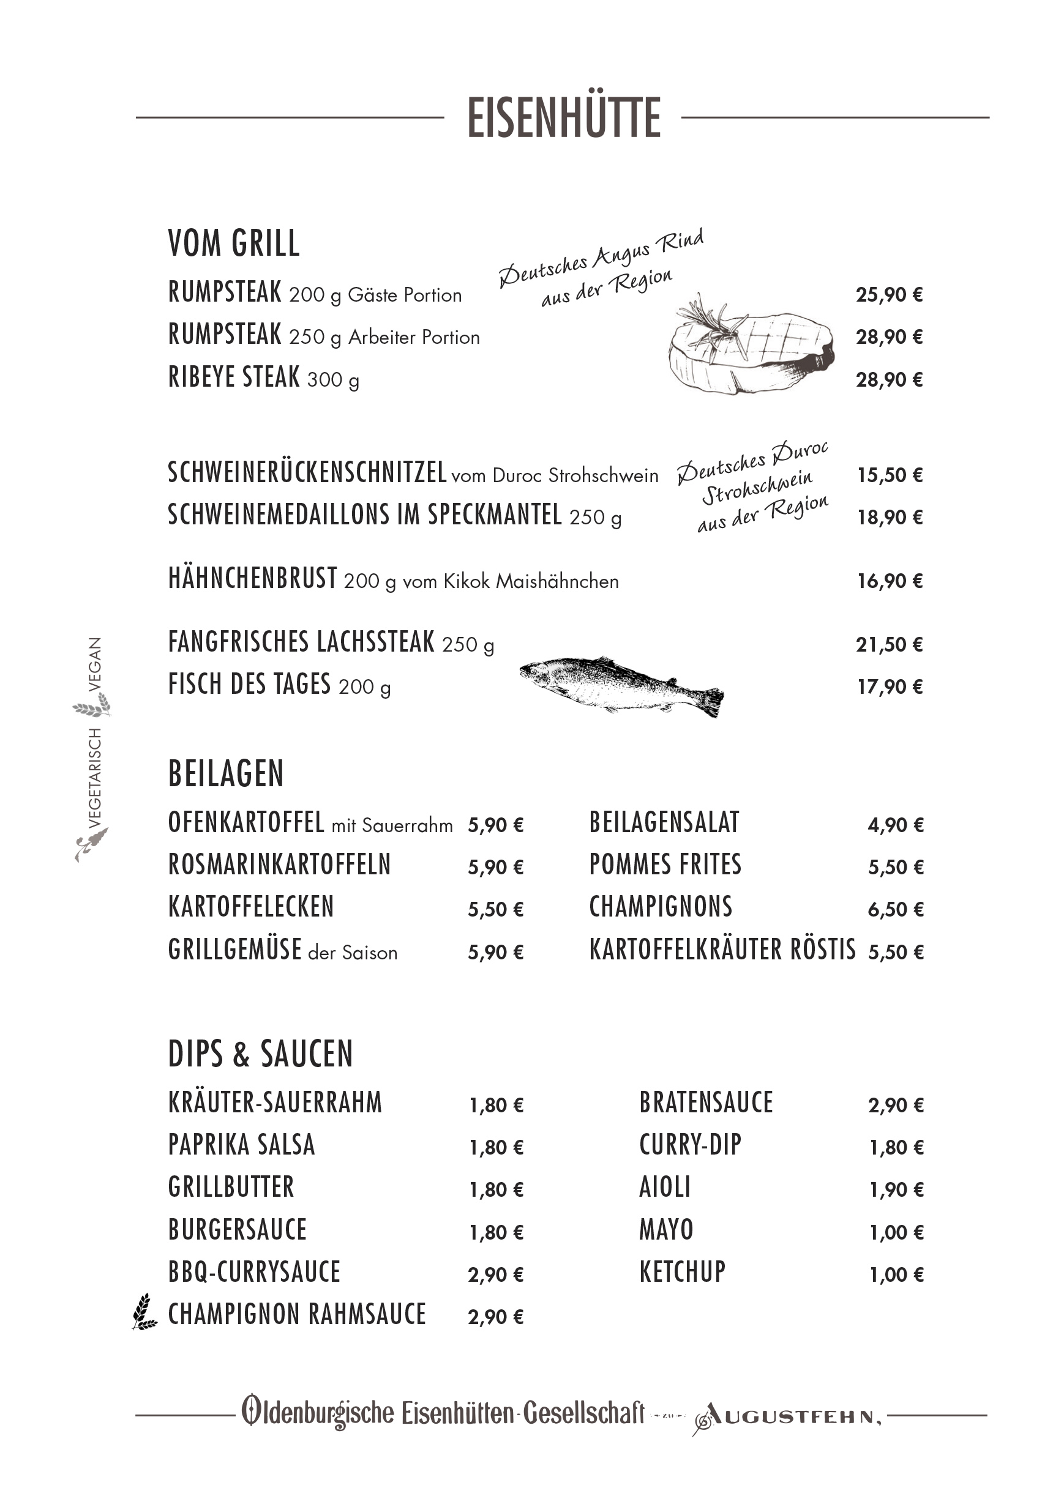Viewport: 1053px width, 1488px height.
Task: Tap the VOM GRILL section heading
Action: click(x=233, y=244)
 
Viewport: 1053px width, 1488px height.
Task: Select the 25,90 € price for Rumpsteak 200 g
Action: click(x=889, y=295)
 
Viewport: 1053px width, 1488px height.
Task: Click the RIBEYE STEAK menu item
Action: click(x=233, y=377)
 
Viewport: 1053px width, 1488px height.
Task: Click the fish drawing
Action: click(x=621, y=686)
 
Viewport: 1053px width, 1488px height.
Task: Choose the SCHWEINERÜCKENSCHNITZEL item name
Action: click(x=307, y=472)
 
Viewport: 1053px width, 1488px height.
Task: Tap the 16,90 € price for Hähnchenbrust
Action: click(x=890, y=581)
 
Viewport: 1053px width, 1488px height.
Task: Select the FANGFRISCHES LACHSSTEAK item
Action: click(x=301, y=642)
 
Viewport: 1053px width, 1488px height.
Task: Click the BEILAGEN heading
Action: click(x=226, y=774)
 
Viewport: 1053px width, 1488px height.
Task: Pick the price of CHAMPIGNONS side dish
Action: click(x=896, y=909)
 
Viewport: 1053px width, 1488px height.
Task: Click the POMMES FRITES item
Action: click(x=665, y=865)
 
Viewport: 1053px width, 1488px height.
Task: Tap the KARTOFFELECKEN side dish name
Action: click(x=250, y=907)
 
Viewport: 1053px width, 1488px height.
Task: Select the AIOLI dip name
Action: click(x=665, y=1188)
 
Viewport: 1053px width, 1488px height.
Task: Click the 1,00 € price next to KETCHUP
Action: click(x=896, y=1275)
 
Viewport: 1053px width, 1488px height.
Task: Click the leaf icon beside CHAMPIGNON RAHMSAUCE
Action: click(x=144, y=1312)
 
